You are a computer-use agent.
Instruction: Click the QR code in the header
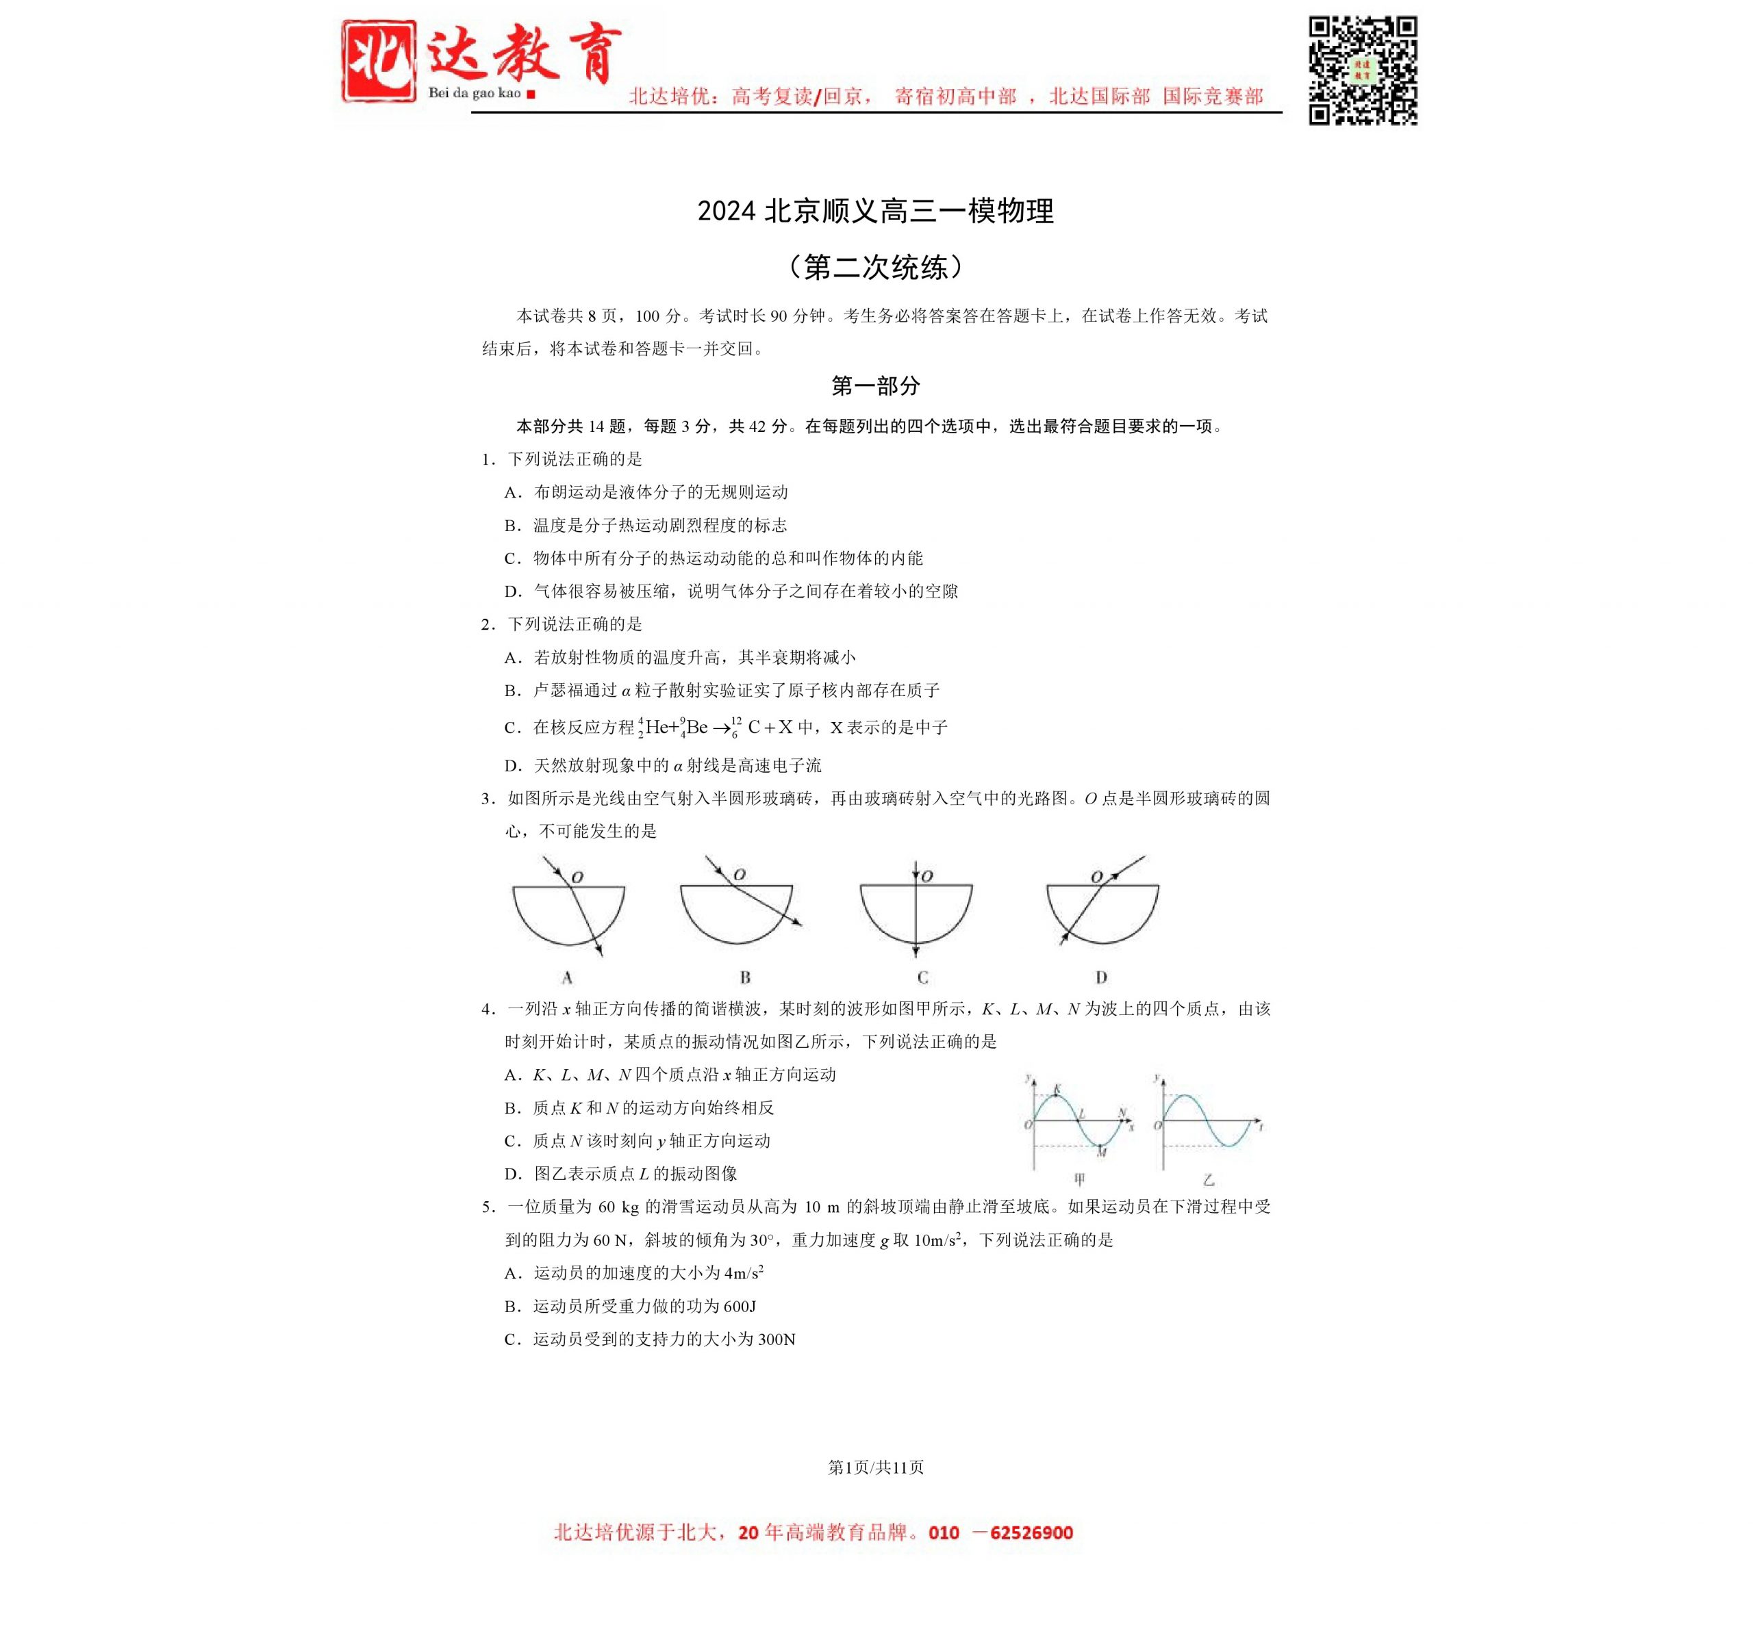(x=1363, y=70)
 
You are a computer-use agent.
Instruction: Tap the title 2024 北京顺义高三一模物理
(x=876, y=211)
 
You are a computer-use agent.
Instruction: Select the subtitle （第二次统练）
(x=876, y=266)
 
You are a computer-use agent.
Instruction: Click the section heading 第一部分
(x=876, y=385)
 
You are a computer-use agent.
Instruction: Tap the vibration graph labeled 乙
(x=1209, y=1125)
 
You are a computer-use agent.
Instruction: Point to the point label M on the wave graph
(x=1101, y=1152)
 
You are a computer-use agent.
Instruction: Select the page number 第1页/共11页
(x=876, y=1467)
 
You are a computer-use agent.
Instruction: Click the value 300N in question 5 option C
(x=776, y=1339)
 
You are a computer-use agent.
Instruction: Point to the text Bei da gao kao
(x=475, y=93)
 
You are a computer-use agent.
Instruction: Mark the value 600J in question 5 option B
(x=739, y=1306)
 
